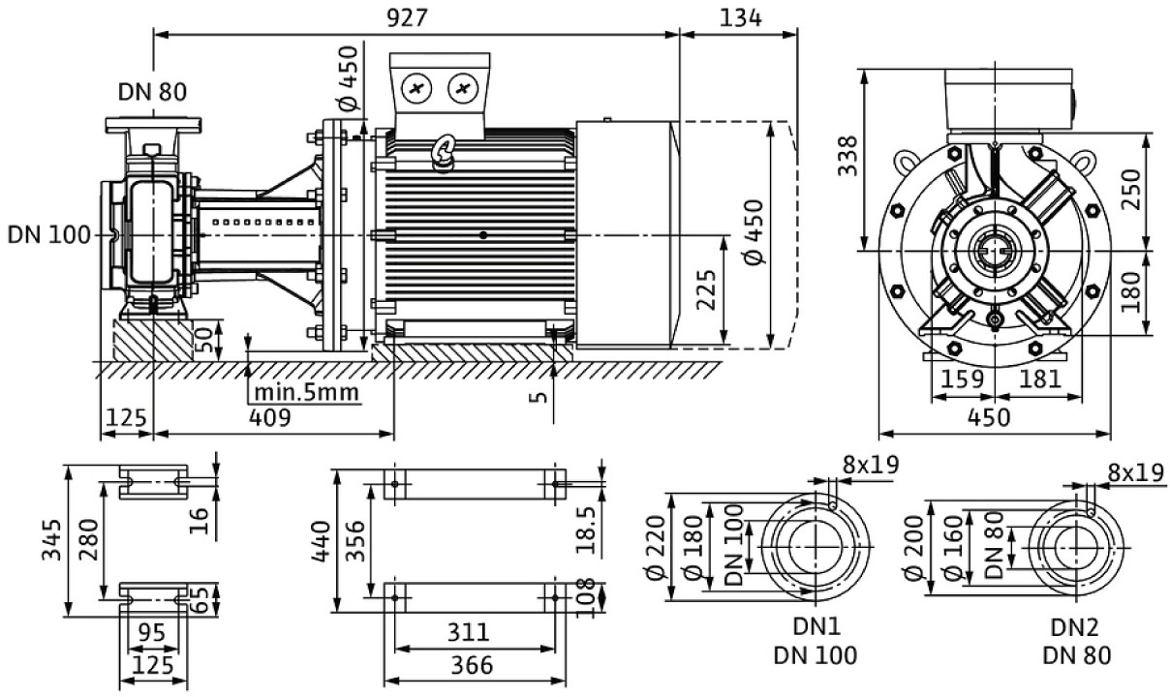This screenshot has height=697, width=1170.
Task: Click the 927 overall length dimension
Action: [407, 18]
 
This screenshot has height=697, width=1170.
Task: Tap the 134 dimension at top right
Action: [741, 18]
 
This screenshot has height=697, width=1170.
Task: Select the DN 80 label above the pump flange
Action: [152, 92]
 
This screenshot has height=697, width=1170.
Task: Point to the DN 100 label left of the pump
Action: [48, 235]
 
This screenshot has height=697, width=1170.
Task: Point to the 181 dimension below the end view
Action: [1040, 379]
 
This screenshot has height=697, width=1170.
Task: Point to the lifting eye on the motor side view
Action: [444, 150]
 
